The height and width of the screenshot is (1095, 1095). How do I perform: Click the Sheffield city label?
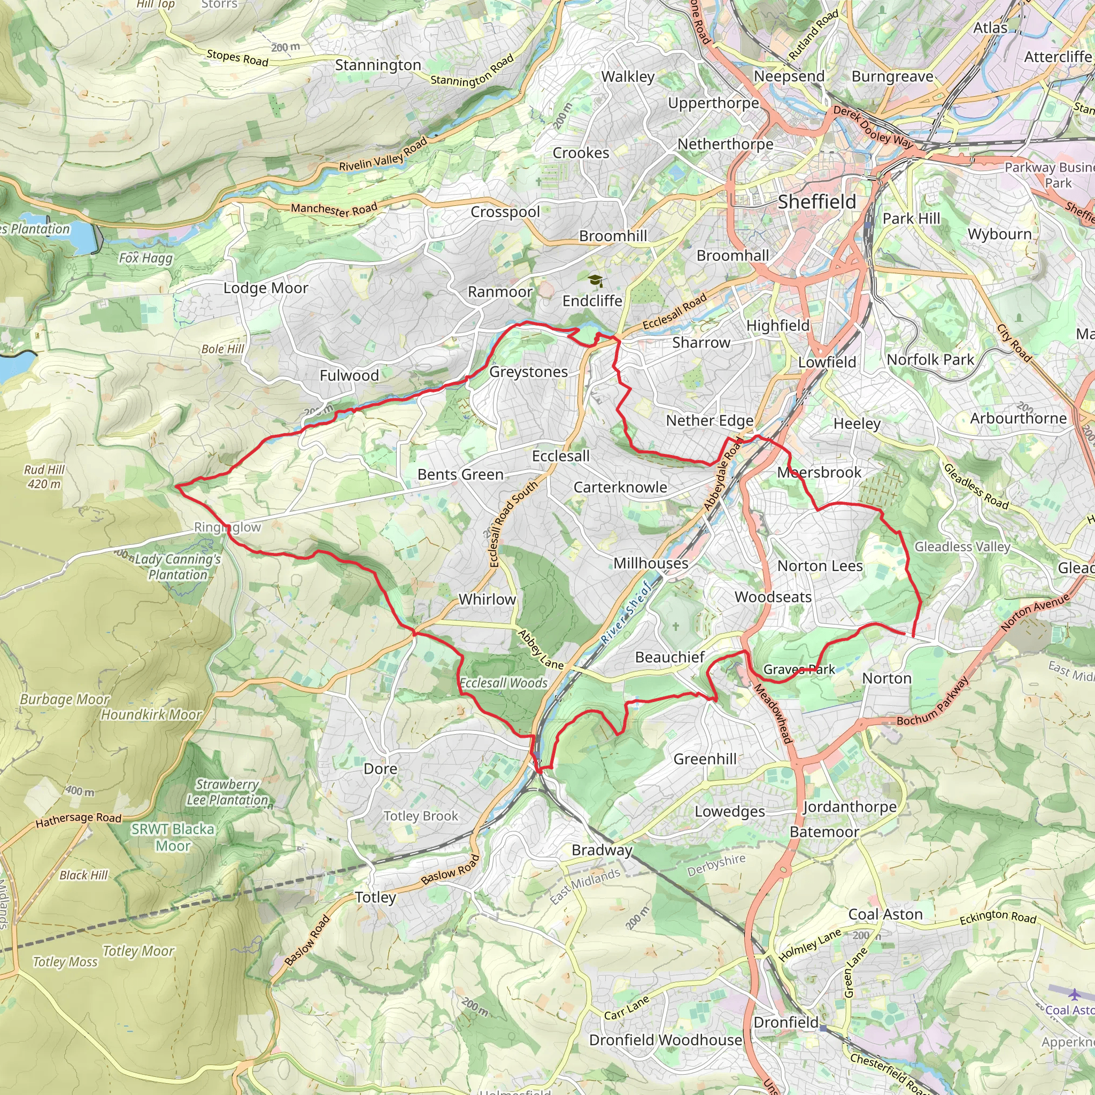817,202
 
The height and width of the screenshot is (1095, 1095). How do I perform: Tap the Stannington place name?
377,65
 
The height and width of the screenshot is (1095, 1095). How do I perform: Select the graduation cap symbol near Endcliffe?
595,281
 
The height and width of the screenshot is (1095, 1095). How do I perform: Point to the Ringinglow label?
227,527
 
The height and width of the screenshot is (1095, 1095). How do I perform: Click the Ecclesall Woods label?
503,683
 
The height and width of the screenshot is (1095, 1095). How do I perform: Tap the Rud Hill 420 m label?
44,476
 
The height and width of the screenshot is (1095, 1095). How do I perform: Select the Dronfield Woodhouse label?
665,1040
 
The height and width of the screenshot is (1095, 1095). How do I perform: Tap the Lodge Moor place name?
265,288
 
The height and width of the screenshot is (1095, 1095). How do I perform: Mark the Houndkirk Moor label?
151,715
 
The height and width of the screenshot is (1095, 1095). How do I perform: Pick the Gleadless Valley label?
962,546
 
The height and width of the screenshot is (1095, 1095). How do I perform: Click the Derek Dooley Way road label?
873,127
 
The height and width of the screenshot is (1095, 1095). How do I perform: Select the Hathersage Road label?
79,820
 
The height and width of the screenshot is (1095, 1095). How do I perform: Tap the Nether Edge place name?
710,421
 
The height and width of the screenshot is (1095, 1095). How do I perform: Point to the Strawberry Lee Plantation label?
227,792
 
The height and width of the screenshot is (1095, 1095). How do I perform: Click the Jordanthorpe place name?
850,806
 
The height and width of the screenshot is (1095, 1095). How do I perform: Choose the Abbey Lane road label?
541,650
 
